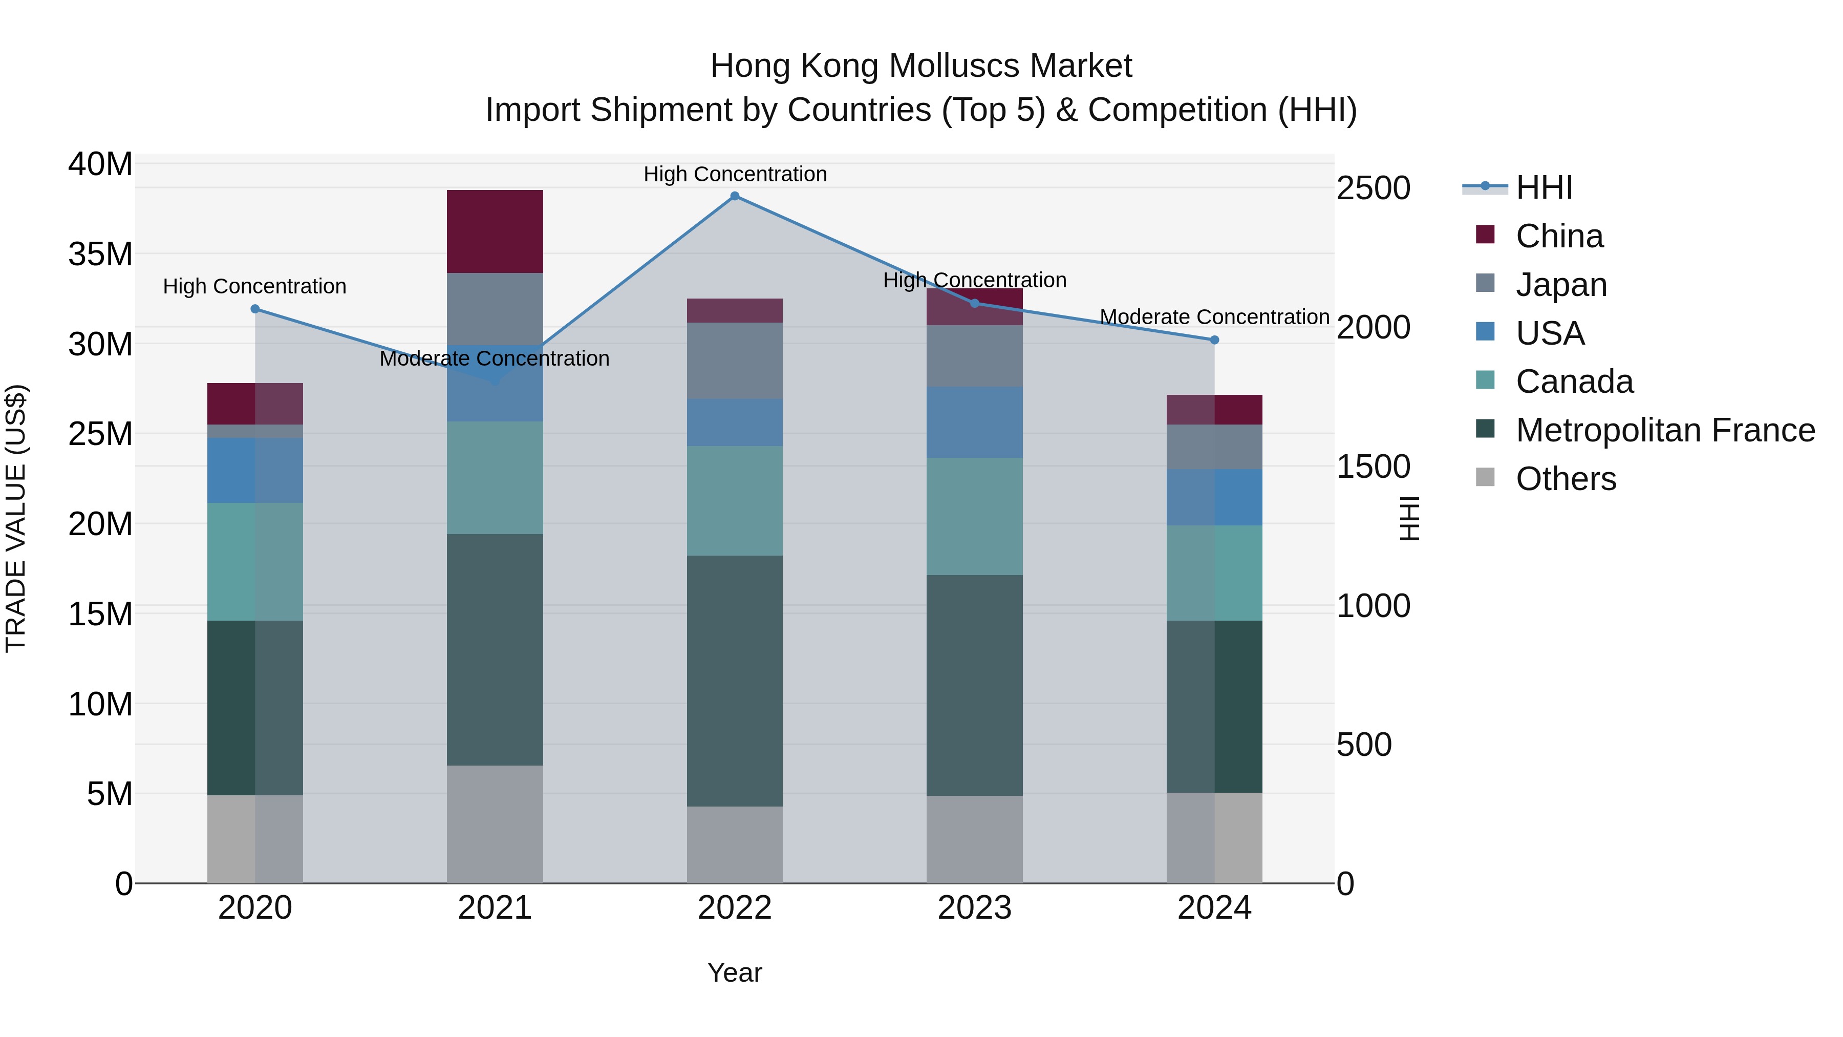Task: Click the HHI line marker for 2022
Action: [x=734, y=196]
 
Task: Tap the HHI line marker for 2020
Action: [x=255, y=309]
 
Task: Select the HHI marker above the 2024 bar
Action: [x=1214, y=340]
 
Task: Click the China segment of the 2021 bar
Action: [x=495, y=231]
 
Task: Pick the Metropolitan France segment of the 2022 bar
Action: [x=734, y=681]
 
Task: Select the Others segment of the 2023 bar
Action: [x=974, y=839]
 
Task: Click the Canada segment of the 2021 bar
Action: [x=495, y=477]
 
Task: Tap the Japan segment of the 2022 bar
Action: [x=734, y=360]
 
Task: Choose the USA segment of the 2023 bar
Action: [x=974, y=422]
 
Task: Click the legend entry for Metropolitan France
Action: [x=1665, y=430]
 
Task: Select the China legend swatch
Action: [x=1485, y=235]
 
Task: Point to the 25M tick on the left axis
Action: [x=100, y=434]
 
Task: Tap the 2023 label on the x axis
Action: [x=974, y=908]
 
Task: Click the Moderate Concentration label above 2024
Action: [x=1214, y=316]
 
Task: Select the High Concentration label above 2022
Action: [x=735, y=174]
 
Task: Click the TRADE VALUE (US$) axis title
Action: [x=16, y=518]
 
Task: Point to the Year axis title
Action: [x=734, y=972]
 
